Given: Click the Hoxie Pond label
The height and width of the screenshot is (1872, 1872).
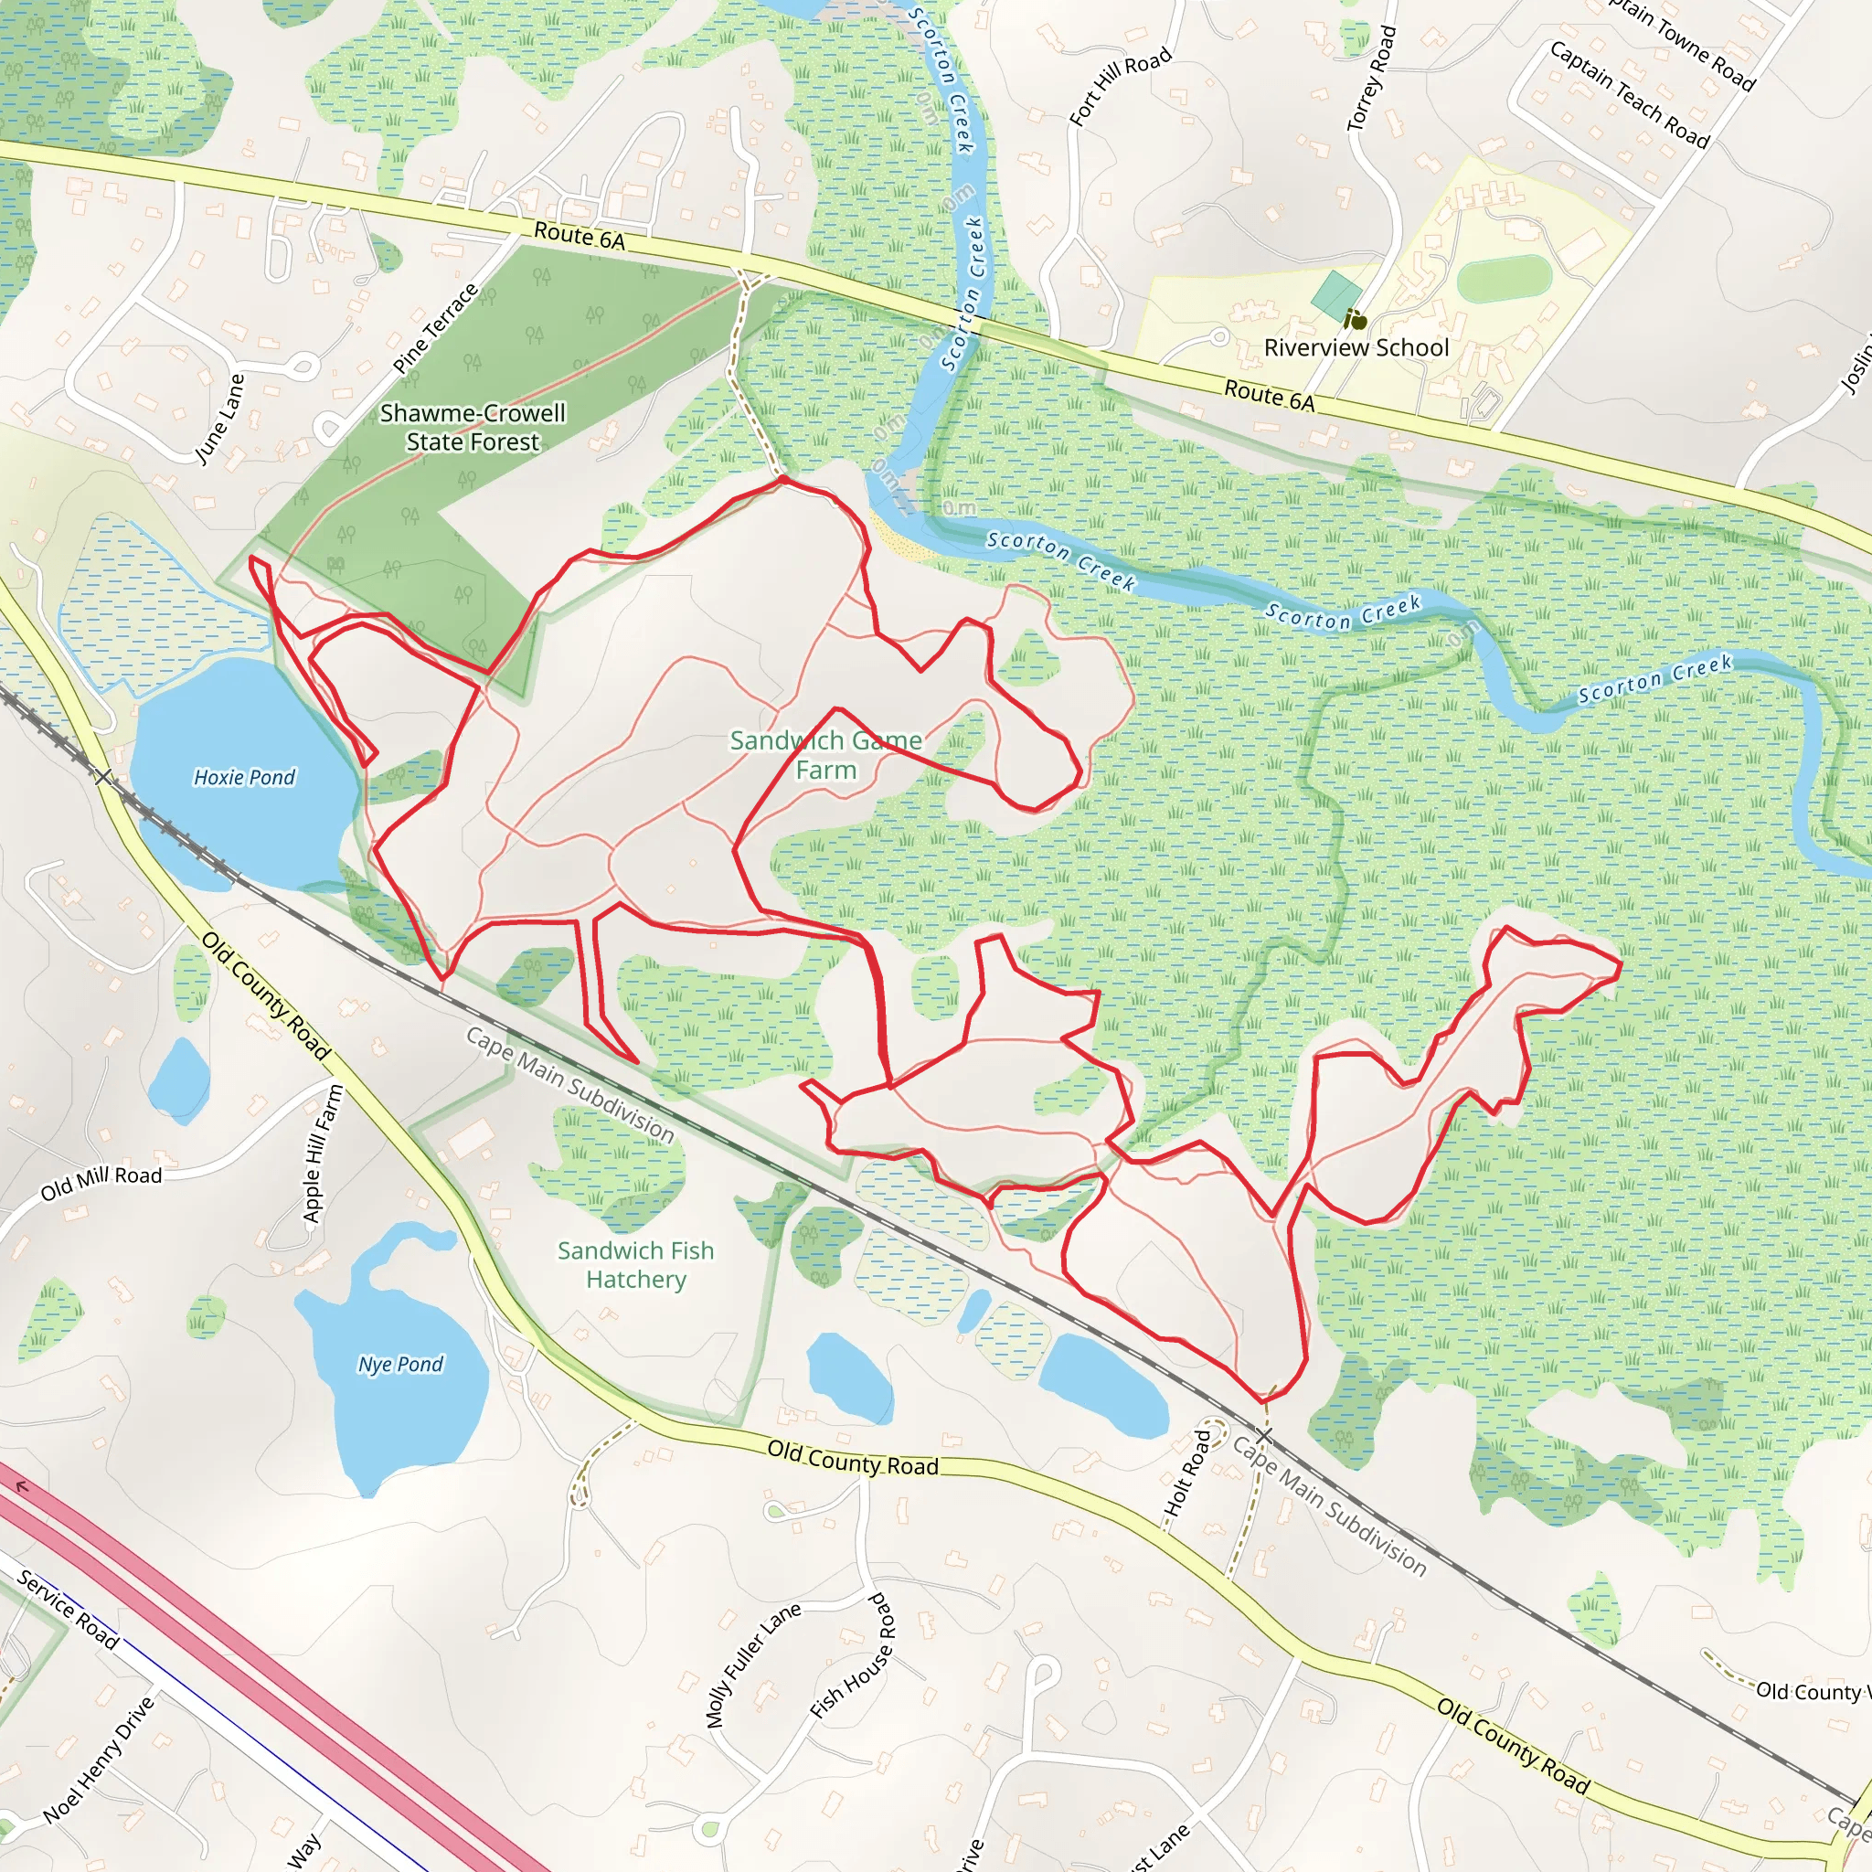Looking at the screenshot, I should click(x=244, y=777).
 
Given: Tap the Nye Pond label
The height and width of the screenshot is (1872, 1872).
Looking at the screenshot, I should click(x=400, y=1365).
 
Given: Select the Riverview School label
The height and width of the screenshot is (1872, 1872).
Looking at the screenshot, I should click(x=1356, y=348).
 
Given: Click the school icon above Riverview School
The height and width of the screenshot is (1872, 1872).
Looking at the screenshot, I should click(x=1356, y=318).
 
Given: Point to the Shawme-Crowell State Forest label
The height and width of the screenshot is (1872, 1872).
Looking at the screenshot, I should click(x=473, y=427).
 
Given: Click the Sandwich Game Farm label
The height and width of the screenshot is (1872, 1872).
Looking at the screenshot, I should click(x=825, y=755).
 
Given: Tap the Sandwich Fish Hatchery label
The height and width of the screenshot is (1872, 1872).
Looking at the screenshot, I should click(x=635, y=1264).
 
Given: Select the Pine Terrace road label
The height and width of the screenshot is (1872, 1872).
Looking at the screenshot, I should click(x=436, y=328).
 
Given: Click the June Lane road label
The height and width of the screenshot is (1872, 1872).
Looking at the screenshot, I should click(x=220, y=419).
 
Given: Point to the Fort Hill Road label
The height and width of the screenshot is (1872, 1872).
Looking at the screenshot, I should click(x=1120, y=87).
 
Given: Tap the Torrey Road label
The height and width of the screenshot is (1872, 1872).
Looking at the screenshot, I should click(x=1371, y=79).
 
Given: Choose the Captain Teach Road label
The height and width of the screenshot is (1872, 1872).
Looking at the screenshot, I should click(x=1630, y=94).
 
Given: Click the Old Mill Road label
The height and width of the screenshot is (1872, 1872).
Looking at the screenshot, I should click(x=101, y=1182).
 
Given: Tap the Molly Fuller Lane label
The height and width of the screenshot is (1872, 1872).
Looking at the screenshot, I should click(x=753, y=1664).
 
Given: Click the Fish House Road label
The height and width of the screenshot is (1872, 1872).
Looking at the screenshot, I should click(x=853, y=1656).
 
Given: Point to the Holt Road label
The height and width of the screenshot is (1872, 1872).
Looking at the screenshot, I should click(x=1187, y=1473).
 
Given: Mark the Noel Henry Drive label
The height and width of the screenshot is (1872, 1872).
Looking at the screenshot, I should click(x=100, y=1760).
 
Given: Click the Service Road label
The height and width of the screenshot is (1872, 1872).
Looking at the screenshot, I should click(x=68, y=1610).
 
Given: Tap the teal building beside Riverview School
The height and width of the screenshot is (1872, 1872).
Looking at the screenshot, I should click(x=1336, y=294).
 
